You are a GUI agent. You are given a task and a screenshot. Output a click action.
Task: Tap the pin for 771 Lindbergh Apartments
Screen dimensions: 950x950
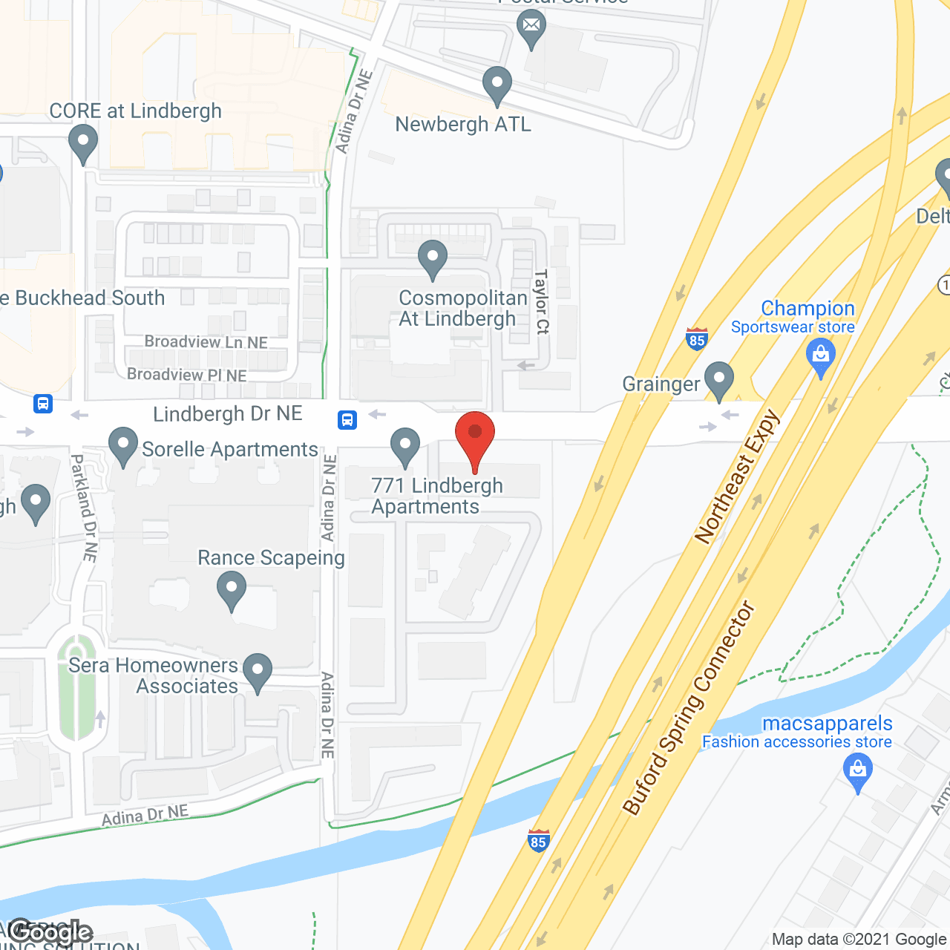[x=404, y=447]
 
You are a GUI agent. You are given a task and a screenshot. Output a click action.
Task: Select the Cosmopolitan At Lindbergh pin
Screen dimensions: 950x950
[x=433, y=259]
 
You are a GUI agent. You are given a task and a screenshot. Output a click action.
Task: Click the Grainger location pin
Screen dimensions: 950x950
[x=718, y=380]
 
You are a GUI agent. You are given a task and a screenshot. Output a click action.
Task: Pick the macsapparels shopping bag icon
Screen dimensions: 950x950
[x=858, y=771]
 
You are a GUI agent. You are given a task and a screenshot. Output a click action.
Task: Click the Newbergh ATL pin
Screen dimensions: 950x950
[x=497, y=85]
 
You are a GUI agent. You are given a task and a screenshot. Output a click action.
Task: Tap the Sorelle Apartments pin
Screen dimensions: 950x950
[x=123, y=446]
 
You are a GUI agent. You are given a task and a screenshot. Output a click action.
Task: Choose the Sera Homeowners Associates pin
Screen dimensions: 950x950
[x=258, y=672]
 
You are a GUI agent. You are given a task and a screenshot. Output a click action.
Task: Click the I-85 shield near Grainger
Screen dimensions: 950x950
[x=696, y=339]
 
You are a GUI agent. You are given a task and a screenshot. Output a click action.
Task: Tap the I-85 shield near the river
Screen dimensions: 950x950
[x=539, y=841]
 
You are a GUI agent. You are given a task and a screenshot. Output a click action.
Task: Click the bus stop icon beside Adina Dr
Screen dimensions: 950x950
[x=347, y=420]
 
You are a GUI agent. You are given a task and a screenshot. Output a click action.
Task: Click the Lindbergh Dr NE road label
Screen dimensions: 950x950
[x=228, y=414]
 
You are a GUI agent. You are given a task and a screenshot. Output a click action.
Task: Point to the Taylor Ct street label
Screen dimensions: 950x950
[x=542, y=301]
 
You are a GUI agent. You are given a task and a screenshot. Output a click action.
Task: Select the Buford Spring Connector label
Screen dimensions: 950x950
[x=689, y=708]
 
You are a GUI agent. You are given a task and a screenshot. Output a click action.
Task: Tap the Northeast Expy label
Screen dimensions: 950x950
[x=738, y=476]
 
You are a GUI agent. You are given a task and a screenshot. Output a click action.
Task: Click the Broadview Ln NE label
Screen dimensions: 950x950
[x=206, y=342]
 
